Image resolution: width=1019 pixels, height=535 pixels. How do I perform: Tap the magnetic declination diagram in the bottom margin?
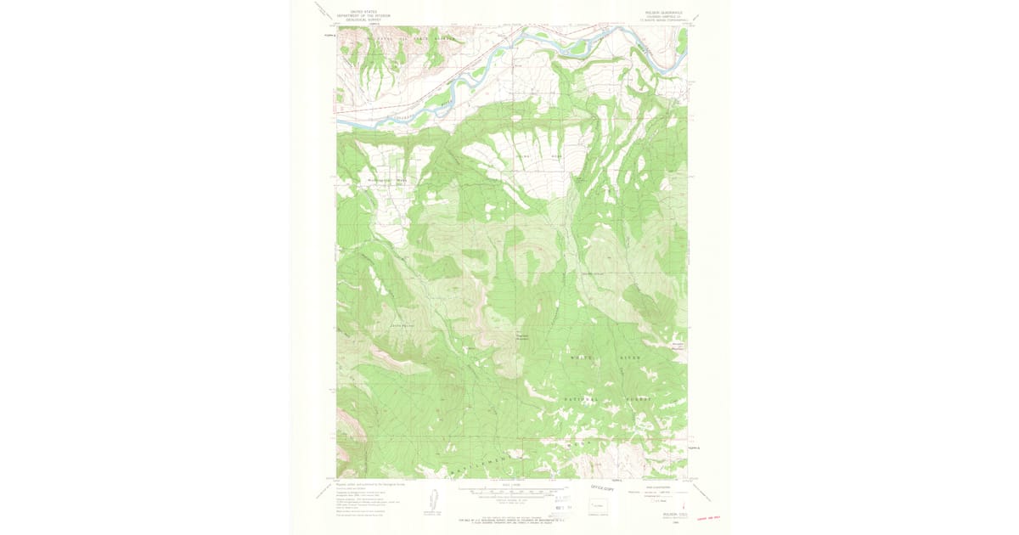pyautogui.click(x=433, y=501)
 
